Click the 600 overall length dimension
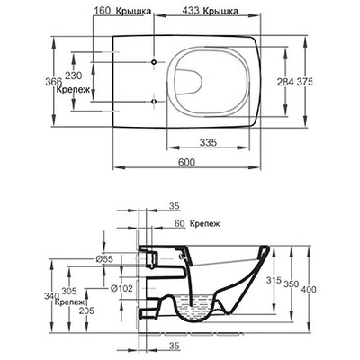(x=186, y=162)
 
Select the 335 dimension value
(x=208, y=142)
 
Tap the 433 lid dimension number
(x=191, y=11)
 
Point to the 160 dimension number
(x=103, y=11)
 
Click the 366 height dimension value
(x=54, y=81)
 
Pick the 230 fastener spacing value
(x=74, y=76)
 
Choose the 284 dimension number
(x=285, y=82)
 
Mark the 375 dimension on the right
(x=304, y=82)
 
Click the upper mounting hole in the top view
(x=154, y=62)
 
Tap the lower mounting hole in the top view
(x=154, y=102)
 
